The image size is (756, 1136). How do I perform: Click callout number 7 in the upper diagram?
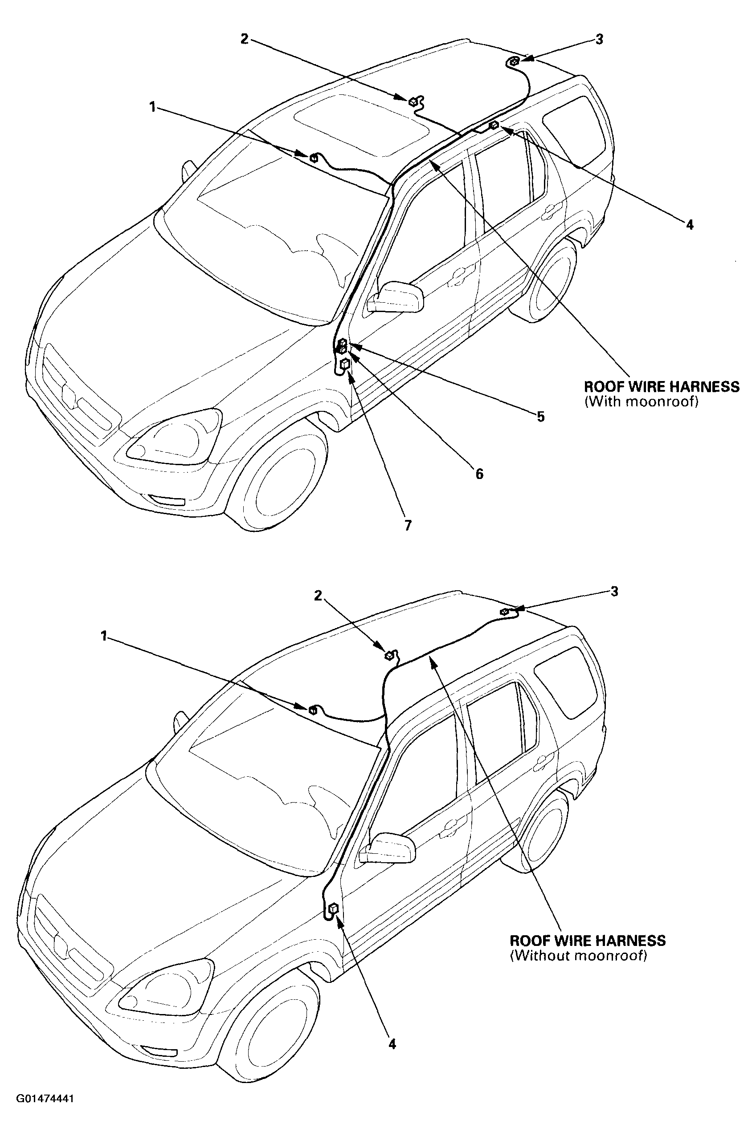click(409, 525)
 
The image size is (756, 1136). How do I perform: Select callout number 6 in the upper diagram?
click(479, 474)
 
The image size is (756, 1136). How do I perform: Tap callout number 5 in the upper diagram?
click(540, 417)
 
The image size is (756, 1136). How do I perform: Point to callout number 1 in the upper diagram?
click(153, 107)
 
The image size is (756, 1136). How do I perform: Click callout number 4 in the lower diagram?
click(392, 1044)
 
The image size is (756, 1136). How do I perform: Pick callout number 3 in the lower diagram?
click(614, 592)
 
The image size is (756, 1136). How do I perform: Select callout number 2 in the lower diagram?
click(318, 596)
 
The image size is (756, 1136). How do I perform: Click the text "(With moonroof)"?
click(641, 402)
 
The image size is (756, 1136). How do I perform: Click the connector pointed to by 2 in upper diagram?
click(413, 101)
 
